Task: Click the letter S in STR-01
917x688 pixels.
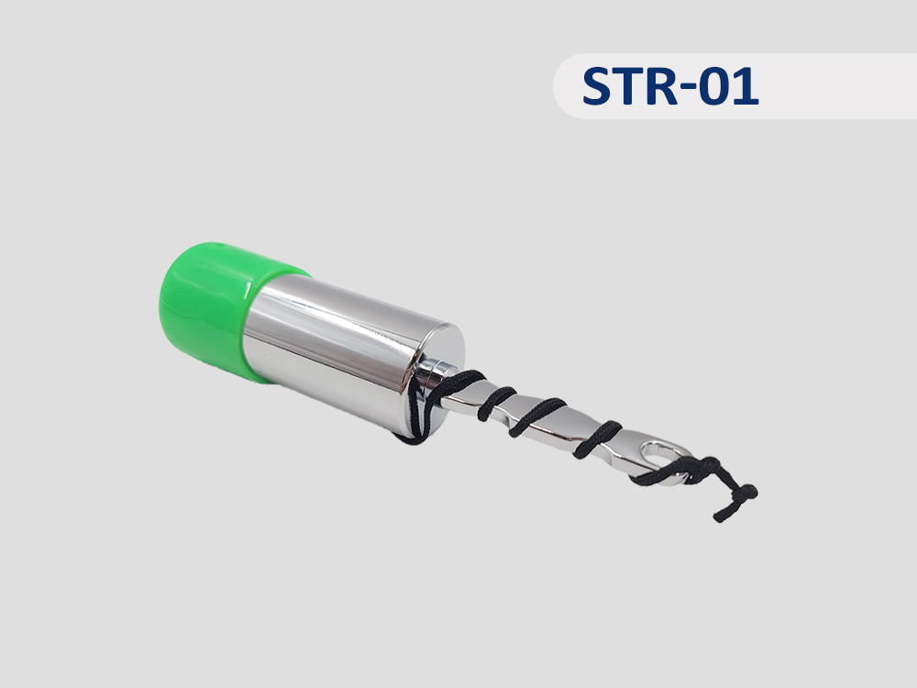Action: coord(600,86)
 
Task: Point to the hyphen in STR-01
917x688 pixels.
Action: coord(696,89)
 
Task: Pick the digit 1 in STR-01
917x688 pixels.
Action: coord(749,86)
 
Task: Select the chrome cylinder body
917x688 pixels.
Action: coord(345,351)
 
